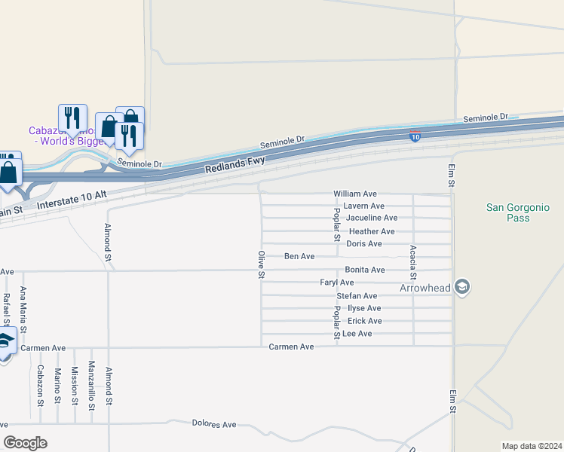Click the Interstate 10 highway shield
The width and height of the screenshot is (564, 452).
[x=415, y=136]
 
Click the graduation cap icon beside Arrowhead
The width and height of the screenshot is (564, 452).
[x=463, y=287]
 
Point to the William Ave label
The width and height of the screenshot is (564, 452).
[x=355, y=194]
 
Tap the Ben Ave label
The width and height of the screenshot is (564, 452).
[x=299, y=257]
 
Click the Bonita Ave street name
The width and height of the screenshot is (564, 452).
[x=365, y=270]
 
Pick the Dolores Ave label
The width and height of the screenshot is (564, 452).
[x=215, y=424]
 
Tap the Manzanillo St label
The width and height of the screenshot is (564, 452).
[x=91, y=386]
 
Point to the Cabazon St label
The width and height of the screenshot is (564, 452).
[x=40, y=385]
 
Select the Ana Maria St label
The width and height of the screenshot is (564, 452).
[x=23, y=310]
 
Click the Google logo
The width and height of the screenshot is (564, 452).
[x=26, y=442]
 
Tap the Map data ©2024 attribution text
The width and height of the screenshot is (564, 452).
[x=531, y=446]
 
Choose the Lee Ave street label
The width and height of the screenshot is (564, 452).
[x=357, y=334]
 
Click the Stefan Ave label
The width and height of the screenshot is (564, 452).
[x=357, y=296]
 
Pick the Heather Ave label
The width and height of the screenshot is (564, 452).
[x=372, y=231]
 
